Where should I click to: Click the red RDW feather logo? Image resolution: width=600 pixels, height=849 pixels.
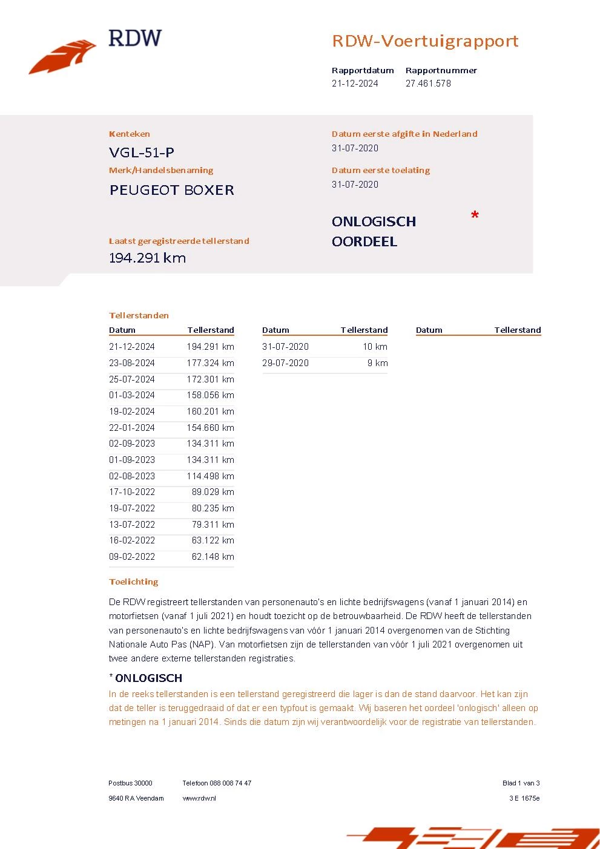(x=62, y=57)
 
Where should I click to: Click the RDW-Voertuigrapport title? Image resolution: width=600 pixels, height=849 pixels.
(x=425, y=41)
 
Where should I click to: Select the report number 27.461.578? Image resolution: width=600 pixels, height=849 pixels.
(x=428, y=84)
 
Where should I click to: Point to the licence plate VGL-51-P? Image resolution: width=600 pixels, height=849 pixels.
(x=142, y=152)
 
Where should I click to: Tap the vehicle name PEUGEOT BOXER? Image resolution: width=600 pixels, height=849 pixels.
(x=172, y=190)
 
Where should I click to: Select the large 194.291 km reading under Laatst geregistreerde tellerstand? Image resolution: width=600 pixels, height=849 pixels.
(x=147, y=258)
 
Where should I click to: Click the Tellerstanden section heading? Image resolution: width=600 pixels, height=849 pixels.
(x=139, y=315)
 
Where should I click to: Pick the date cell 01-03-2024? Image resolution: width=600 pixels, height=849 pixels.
(x=132, y=395)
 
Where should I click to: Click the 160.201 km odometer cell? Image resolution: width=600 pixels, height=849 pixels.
(x=210, y=411)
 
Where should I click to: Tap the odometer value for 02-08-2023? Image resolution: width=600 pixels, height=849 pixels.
(x=210, y=476)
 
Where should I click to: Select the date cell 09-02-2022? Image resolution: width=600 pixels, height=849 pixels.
(x=132, y=557)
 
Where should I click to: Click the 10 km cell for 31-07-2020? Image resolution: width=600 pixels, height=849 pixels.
(x=375, y=347)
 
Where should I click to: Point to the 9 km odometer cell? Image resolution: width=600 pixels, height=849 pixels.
(x=377, y=363)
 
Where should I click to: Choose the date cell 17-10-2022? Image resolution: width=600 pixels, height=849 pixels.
(x=132, y=492)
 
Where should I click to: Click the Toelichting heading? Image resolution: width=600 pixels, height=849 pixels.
(x=134, y=582)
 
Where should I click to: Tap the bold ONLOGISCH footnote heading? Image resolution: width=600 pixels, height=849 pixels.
(x=148, y=678)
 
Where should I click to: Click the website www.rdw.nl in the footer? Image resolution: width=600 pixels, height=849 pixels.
(x=199, y=798)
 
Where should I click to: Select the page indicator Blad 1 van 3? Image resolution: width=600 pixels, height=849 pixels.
(x=521, y=783)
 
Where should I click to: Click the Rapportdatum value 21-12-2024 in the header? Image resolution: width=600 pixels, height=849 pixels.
(x=355, y=84)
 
